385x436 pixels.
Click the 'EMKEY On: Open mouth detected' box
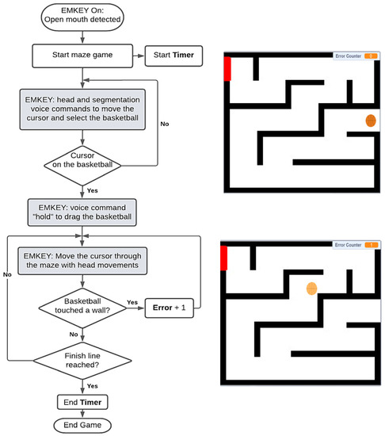click(x=82, y=17)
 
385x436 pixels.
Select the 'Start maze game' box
click(x=82, y=55)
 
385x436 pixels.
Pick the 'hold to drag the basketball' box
click(x=82, y=212)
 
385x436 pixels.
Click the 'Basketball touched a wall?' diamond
click(x=82, y=308)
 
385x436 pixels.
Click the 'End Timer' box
click(x=82, y=402)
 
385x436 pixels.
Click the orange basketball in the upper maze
click(x=370, y=120)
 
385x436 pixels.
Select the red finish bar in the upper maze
click(x=227, y=68)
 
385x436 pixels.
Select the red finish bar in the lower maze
click(x=224, y=258)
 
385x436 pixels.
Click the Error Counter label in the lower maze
click(x=348, y=245)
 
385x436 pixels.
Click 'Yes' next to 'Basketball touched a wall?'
click(x=132, y=302)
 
